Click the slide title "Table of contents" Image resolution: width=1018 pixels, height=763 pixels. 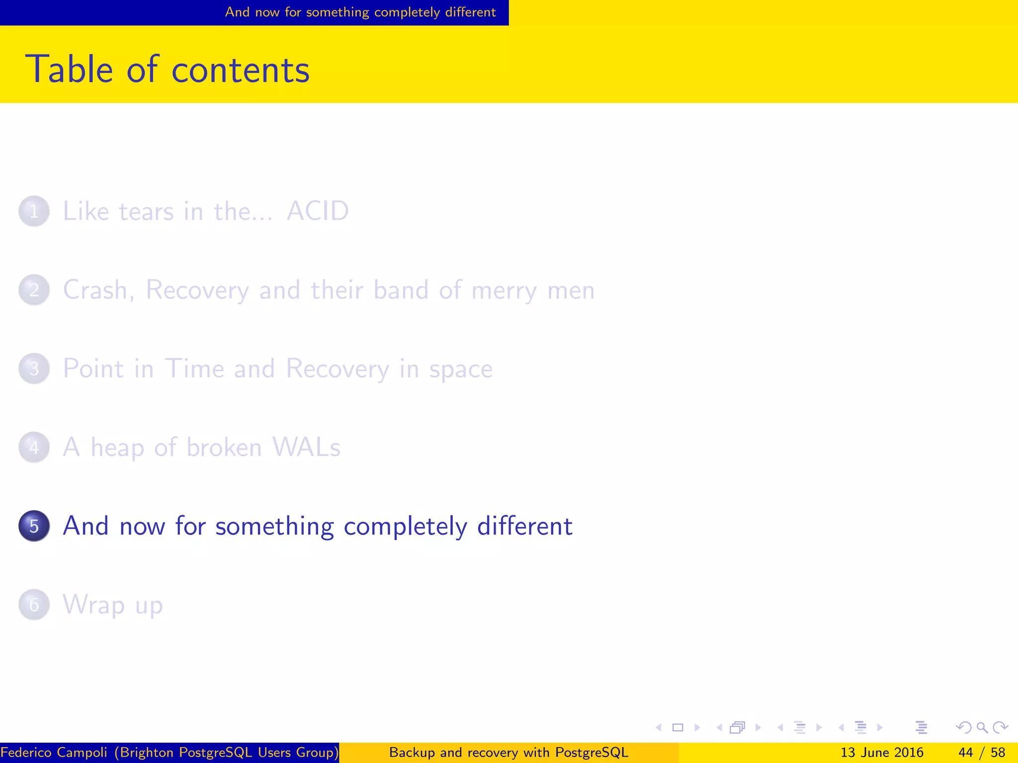[x=167, y=70]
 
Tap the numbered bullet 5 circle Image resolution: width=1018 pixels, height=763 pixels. [x=34, y=526]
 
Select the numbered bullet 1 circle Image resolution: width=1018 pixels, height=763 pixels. [x=34, y=211]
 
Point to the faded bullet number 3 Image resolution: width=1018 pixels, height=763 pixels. [x=34, y=369]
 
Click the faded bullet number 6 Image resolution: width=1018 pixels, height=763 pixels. [x=34, y=605]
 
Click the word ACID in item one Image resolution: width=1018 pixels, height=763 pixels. [x=318, y=211]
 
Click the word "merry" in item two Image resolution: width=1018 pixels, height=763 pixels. [x=504, y=291]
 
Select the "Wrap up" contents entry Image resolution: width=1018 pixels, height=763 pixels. [x=113, y=605]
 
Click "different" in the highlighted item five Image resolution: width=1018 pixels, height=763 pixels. [x=524, y=526]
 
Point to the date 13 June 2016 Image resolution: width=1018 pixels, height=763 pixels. [x=882, y=753]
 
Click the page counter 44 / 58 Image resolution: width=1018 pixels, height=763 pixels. [x=982, y=753]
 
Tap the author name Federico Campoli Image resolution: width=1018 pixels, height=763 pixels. [x=54, y=753]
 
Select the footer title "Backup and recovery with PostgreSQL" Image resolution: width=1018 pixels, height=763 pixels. [x=509, y=753]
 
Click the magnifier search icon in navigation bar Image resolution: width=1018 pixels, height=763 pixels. [x=982, y=728]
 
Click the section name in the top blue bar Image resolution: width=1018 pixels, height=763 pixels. [x=360, y=12]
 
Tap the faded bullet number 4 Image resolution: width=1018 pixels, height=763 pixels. [x=34, y=447]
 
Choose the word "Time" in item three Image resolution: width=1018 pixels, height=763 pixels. [x=194, y=369]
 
